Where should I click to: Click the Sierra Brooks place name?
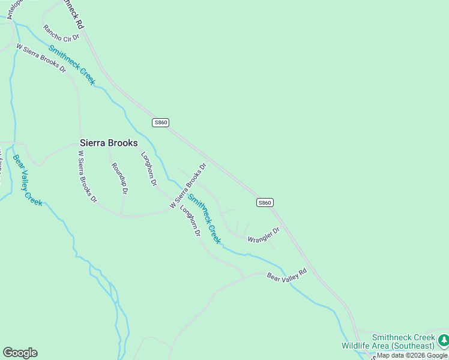coord(109,143)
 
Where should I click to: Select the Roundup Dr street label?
coord(119,179)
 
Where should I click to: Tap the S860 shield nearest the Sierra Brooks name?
coord(160,122)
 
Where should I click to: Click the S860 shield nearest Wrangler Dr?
coord(265,203)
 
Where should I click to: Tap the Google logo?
coord(20,353)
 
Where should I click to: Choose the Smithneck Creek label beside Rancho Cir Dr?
coord(71,65)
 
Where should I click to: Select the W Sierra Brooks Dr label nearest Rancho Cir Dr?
coord(41,58)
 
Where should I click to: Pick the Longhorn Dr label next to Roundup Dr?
coord(149,169)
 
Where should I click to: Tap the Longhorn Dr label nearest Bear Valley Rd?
coord(190,221)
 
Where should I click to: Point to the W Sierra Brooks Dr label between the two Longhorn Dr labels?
coord(188,186)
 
